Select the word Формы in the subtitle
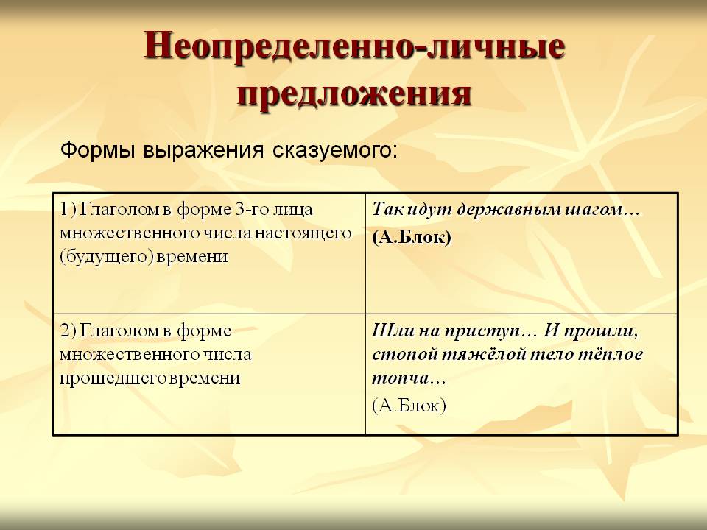pos(98,150)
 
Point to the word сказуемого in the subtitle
pos(335,150)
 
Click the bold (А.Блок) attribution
pos(412,238)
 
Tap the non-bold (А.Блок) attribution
pos(409,406)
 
